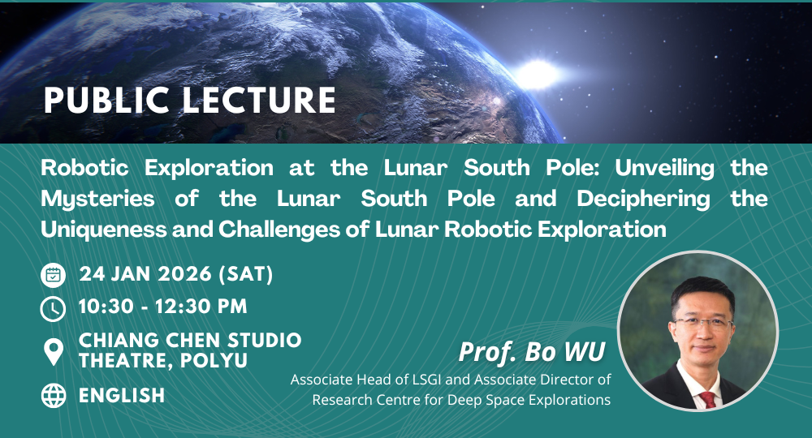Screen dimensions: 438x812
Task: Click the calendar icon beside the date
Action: coord(53,275)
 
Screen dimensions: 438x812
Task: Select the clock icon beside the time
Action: coord(53,308)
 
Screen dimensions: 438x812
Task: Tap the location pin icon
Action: coord(53,350)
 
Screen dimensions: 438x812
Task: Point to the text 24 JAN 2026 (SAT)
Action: coord(176,275)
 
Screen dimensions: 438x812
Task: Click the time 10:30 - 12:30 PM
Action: coord(163,307)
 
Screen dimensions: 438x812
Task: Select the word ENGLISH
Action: coord(122,395)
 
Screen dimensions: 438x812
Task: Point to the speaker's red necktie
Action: coord(709,398)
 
